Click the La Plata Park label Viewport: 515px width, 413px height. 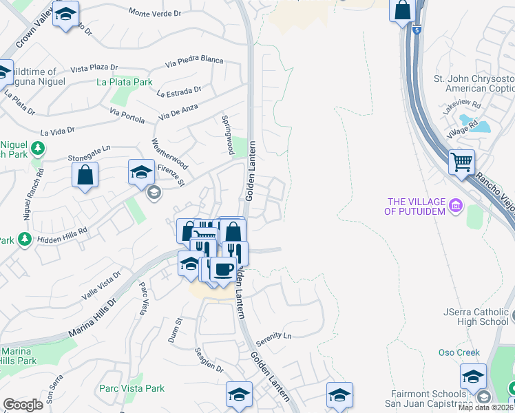[x=125, y=82]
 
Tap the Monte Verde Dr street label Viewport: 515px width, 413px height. [x=154, y=12]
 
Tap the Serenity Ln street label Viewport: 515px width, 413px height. [x=273, y=337]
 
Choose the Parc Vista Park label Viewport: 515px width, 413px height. [x=132, y=388]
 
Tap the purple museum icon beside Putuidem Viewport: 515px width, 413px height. [x=455, y=205]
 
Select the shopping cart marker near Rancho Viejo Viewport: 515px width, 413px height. [x=461, y=162]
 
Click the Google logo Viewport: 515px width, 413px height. [x=23, y=404]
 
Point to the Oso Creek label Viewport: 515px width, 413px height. [x=459, y=352]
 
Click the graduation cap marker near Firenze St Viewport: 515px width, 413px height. [x=141, y=172]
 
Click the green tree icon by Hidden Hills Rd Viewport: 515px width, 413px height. [x=25, y=239]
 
